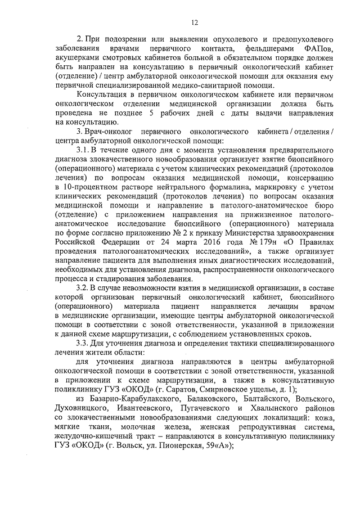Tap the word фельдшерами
[x=258, y=49]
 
